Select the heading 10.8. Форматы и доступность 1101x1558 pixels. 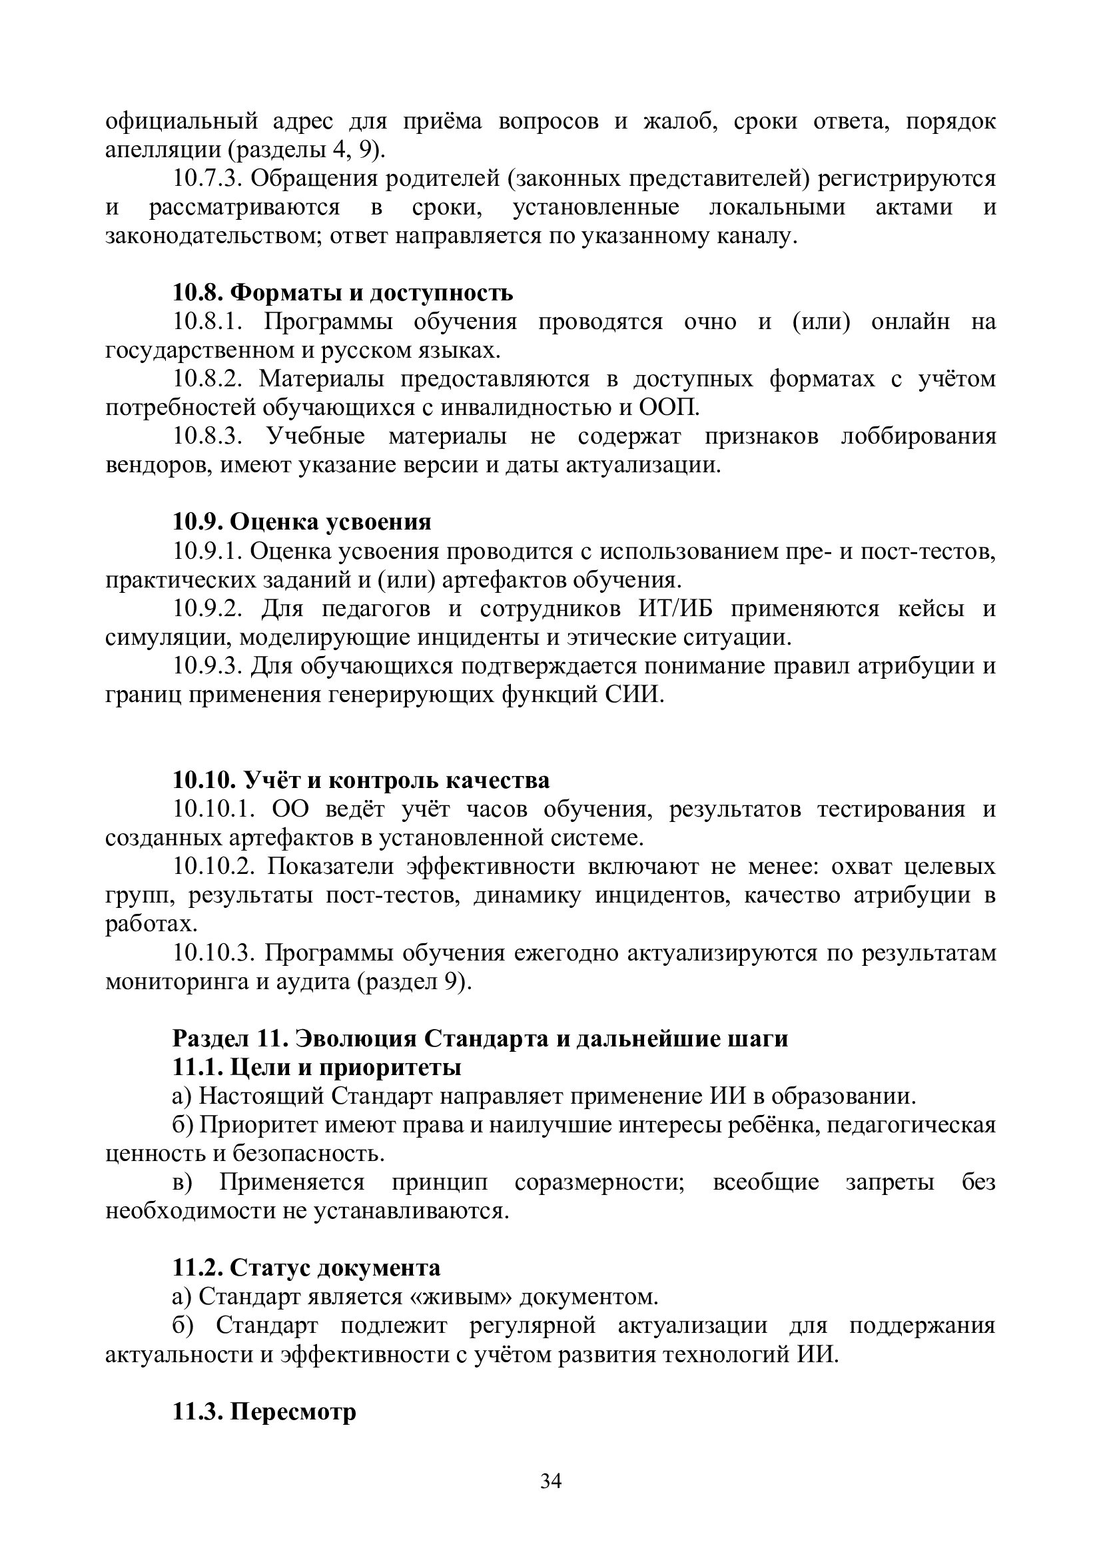tap(342, 292)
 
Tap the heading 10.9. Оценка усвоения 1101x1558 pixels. tap(302, 521)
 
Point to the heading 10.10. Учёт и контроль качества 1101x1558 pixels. tap(361, 781)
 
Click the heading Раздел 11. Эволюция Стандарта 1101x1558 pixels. tap(480, 1039)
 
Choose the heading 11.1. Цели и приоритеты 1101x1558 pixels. tap(317, 1067)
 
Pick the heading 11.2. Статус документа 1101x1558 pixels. tap(306, 1268)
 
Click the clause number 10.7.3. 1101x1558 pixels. tap(207, 179)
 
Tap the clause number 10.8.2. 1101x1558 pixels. tap(208, 378)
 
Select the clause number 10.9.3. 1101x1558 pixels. tap(208, 665)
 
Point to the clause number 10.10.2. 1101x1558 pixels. tap(214, 867)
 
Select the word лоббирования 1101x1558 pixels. tap(918, 436)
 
